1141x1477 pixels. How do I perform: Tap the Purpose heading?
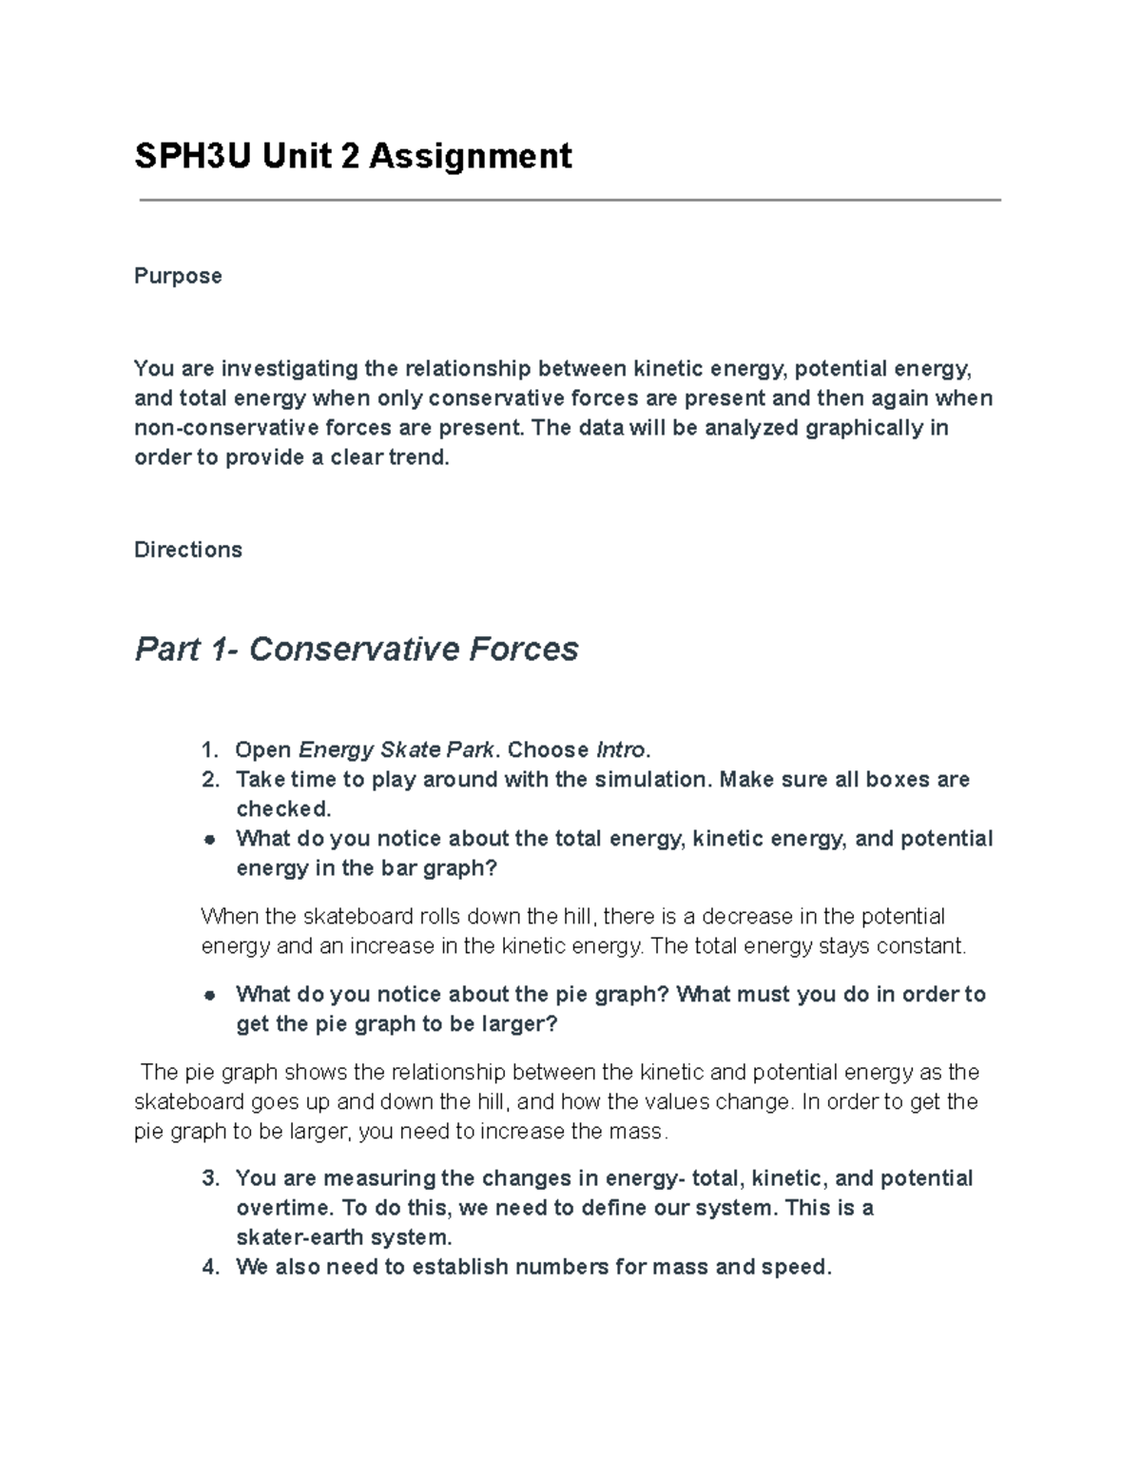pos(178,276)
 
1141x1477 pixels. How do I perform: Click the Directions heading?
pos(188,550)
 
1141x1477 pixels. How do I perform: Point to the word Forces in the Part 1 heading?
pos(522,649)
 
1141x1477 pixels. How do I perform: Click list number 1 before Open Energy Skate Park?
pos(210,750)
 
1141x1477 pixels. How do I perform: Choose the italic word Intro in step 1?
pos(620,750)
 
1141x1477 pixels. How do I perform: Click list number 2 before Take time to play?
pos(210,780)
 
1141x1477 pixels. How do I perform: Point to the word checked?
pos(281,809)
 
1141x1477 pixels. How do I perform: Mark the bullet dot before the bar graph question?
pos(210,840)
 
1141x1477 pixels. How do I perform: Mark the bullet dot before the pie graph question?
pos(210,995)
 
